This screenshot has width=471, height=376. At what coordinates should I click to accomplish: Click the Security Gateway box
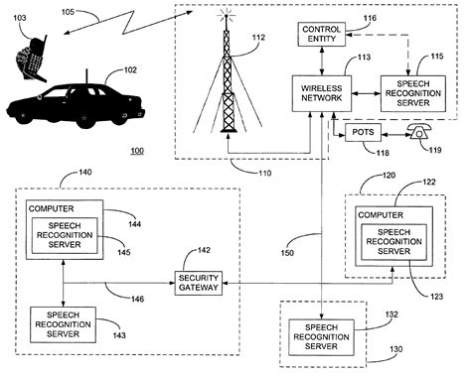pyautogui.click(x=198, y=283)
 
